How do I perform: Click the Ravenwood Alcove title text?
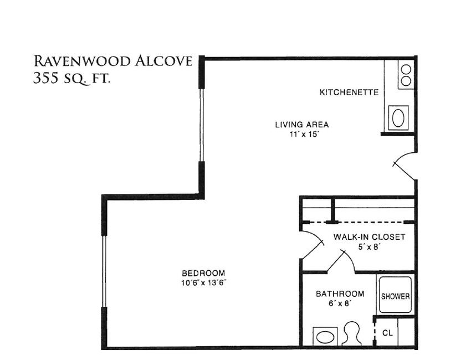[x=112, y=61]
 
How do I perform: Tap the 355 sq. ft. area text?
[x=71, y=79]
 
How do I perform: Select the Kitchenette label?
[x=349, y=92]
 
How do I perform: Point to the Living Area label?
[x=302, y=124]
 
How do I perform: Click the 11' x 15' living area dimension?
[x=304, y=134]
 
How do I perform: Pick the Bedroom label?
[x=203, y=273]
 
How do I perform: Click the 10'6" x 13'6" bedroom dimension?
[x=203, y=283]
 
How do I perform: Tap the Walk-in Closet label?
[x=369, y=237]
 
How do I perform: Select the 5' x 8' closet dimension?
[x=370, y=247]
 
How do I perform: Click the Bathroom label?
[x=340, y=294]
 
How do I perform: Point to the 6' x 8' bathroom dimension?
[x=340, y=304]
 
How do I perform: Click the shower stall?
[x=395, y=295]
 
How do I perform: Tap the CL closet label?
[x=387, y=333]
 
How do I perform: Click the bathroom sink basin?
[x=325, y=337]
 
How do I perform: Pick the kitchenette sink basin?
[x=398, y=118]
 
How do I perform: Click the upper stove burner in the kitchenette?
[x=406, y=70]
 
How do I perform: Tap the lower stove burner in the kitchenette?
[x=406, y=81]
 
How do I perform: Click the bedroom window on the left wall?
[x=104, y=271]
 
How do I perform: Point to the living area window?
[x=202, y=125]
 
